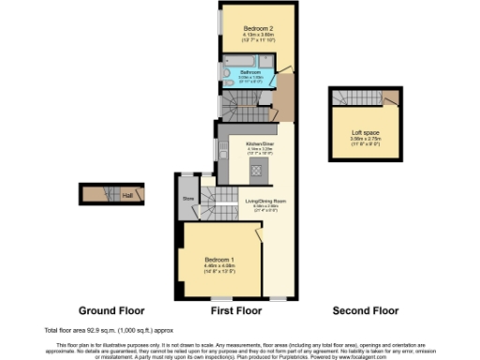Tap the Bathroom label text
pyautogui.click(x=249, y=70)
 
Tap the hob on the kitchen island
pyautogui.click(x=255, y=171)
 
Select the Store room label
pyautogui.click(x=187, y=199)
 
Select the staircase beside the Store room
pyautogui.click(x=221, y=198)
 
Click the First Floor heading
pyautogui.click(x=236, y=310)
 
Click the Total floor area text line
pyautogui.click(x=106, y=331)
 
